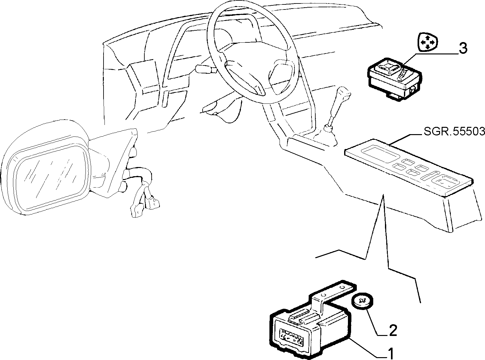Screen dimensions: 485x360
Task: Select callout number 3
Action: pyautogui.click(x=463, y=48)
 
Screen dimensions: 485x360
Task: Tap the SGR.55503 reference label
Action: pyautogui.click(x=454, y=132)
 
